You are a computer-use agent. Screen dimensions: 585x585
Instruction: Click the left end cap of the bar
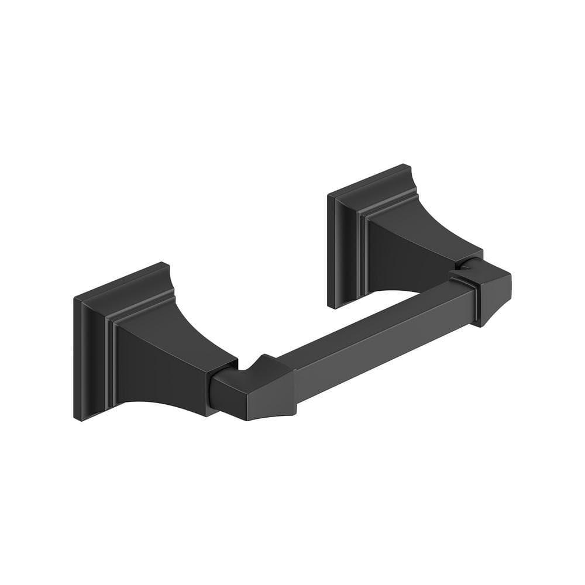[257, 389]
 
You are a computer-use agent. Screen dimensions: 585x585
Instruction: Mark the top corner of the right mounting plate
[404, 166]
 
